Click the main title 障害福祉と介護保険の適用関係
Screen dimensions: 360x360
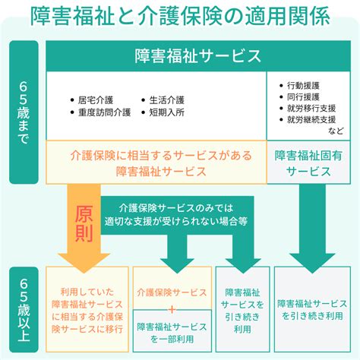click(x=180, y=16)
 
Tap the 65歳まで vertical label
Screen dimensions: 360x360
click(x=24, y=112)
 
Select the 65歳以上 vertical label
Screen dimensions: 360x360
click(x=24, y=310)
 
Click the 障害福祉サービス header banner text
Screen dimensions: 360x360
click(x=197, y=55)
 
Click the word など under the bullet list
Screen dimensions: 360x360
click(x=336, y=131)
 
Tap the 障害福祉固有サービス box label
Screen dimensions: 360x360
click(x=308, y=163)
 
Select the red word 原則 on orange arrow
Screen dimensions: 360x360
click(x=84, y=223)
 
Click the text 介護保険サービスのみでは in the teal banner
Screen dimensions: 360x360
click(x=176, y=208)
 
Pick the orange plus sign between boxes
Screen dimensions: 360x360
click(x=172, y=309)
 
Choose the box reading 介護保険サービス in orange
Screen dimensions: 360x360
click(x=172, y=288)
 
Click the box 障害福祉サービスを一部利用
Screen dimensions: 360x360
click(x=172, y=330)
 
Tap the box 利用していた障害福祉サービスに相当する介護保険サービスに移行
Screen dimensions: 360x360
click(x=87, y=309)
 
